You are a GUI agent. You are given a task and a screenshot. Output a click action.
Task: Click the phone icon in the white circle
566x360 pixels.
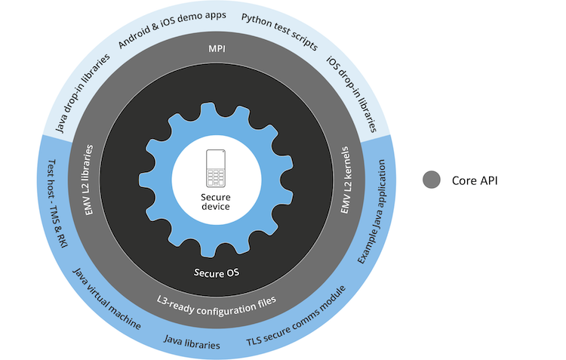[x=217, y=168]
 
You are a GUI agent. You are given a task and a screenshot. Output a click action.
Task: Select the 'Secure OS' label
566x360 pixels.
[x=217, y=272]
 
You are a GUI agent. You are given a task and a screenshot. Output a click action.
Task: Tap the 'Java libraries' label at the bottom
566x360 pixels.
[x=192, y=344]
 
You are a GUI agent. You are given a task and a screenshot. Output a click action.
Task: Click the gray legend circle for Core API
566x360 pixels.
[x=432, y=180]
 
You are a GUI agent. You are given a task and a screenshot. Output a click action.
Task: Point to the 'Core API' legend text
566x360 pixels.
[x=475, y=180]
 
